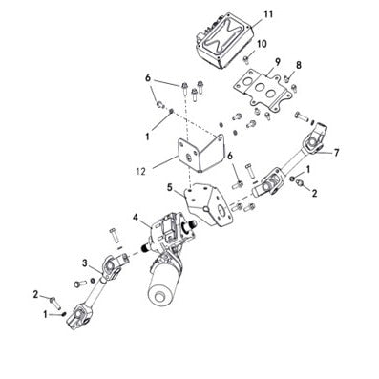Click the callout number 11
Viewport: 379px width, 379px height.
(267, 13)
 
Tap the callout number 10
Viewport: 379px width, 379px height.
(262, 44)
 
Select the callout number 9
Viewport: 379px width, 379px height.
(276, 63)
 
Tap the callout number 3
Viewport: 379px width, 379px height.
(85, 263)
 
